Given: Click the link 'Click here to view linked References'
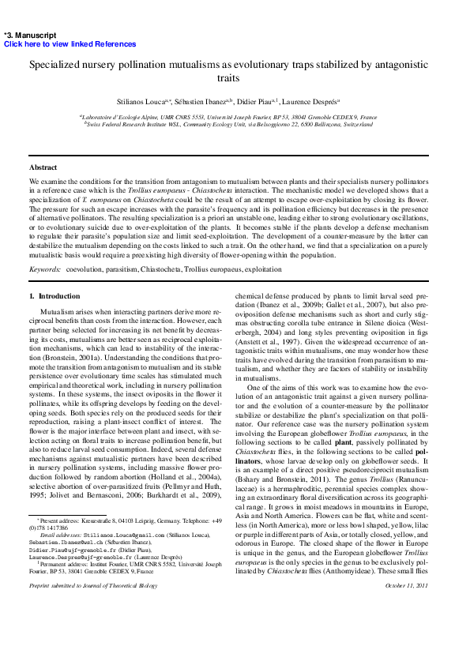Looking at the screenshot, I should pos(70,44).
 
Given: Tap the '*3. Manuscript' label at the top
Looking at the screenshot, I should pos(30,36).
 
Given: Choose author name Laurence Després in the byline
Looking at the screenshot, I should pos(310,102).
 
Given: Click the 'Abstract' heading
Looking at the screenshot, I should pos(43,167).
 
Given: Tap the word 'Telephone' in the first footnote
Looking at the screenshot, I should pos(198,522).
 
